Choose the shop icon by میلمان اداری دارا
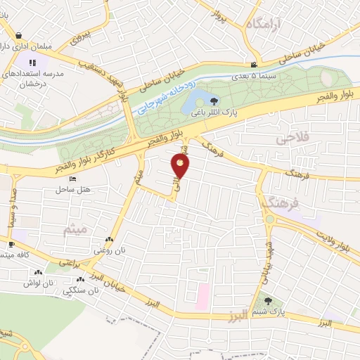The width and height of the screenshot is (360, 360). click(x=18, y=34)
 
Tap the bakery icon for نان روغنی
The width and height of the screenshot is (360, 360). click(x=108, y=240)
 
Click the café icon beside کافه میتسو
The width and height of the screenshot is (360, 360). click(x=11, y=245)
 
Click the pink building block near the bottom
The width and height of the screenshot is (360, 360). click(x=202, y=295)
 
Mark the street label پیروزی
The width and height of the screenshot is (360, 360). click(x=83, y=37)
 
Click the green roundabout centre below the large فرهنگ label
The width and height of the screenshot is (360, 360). click(x=270, y=219)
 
